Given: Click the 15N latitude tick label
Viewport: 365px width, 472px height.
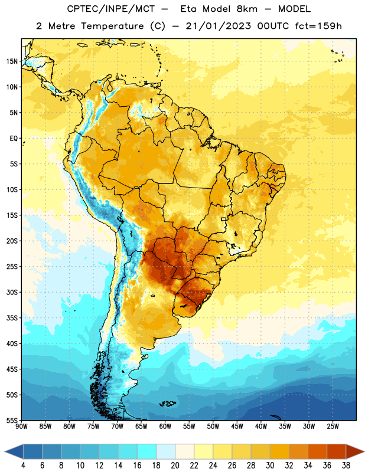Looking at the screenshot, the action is coord(12,61).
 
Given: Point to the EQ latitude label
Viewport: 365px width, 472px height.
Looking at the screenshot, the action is coord(14,139).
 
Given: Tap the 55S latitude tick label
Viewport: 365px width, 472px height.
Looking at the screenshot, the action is coord(12,420).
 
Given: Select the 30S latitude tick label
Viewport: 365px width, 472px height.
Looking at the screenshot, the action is coord(12,292).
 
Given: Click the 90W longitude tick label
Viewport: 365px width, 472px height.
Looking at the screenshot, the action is coord(21,427).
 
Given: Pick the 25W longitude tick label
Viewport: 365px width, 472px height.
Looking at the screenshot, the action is coord(333,427).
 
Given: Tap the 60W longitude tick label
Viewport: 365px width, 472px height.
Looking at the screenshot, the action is coord(165,427).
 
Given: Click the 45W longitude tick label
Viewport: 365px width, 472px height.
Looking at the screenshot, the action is coord(237,427).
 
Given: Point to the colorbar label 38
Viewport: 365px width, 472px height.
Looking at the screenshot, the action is coord(346,466).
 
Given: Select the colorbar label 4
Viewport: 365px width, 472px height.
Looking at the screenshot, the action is coord(23,466).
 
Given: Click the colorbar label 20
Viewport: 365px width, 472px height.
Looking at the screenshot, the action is coord(175,466).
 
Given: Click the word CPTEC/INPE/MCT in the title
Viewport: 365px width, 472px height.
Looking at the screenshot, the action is coord(110,9).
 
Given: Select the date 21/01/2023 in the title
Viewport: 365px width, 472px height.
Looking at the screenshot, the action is coord(218,26).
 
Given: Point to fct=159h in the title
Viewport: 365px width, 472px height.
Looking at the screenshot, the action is coord(318,26).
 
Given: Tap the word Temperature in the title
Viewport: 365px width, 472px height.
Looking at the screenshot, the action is coord(112,26).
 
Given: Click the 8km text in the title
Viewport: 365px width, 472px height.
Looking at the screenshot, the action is coord(247,9).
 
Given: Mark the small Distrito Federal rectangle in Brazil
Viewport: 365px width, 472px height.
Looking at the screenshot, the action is coord(224,219).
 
